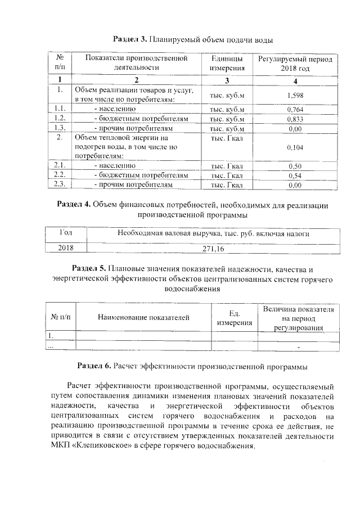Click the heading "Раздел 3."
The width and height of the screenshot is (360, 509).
[x=130, y=40]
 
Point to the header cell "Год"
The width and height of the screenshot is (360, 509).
[x=66, y=233]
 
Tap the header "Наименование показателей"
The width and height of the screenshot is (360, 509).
[x=143, y=318]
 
